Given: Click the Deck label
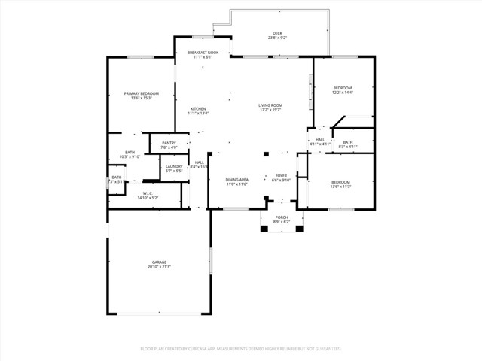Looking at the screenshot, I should pyautogui.click(x=276, y=32).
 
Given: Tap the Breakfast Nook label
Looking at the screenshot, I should pyautogui.click(x=202, y=53).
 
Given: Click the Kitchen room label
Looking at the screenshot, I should pyautogui.click(x=198, y=108).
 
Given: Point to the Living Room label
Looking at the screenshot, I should pyautogui.click(x=270, y=105).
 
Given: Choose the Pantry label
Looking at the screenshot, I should pyautogui.click(x=169, y=142).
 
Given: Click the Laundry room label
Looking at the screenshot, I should pyautogui.click(x=174, y=166).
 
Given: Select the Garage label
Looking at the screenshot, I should pyautogui.click(x=159, y=262).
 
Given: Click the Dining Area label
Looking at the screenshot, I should pyautogui.click(x=237, y=179).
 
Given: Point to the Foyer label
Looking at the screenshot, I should pyautogui.click(x=281, y=175).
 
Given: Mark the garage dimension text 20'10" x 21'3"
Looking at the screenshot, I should pyautogui.click(x=159, y=267).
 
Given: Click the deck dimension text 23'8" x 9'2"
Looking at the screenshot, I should pyautogui.click(x=276, y=37).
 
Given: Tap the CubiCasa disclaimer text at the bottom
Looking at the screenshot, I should pyautogui.click(x=241, y=349).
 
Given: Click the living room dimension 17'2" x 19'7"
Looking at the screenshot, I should pyautogui.click(x=270, y=110).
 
